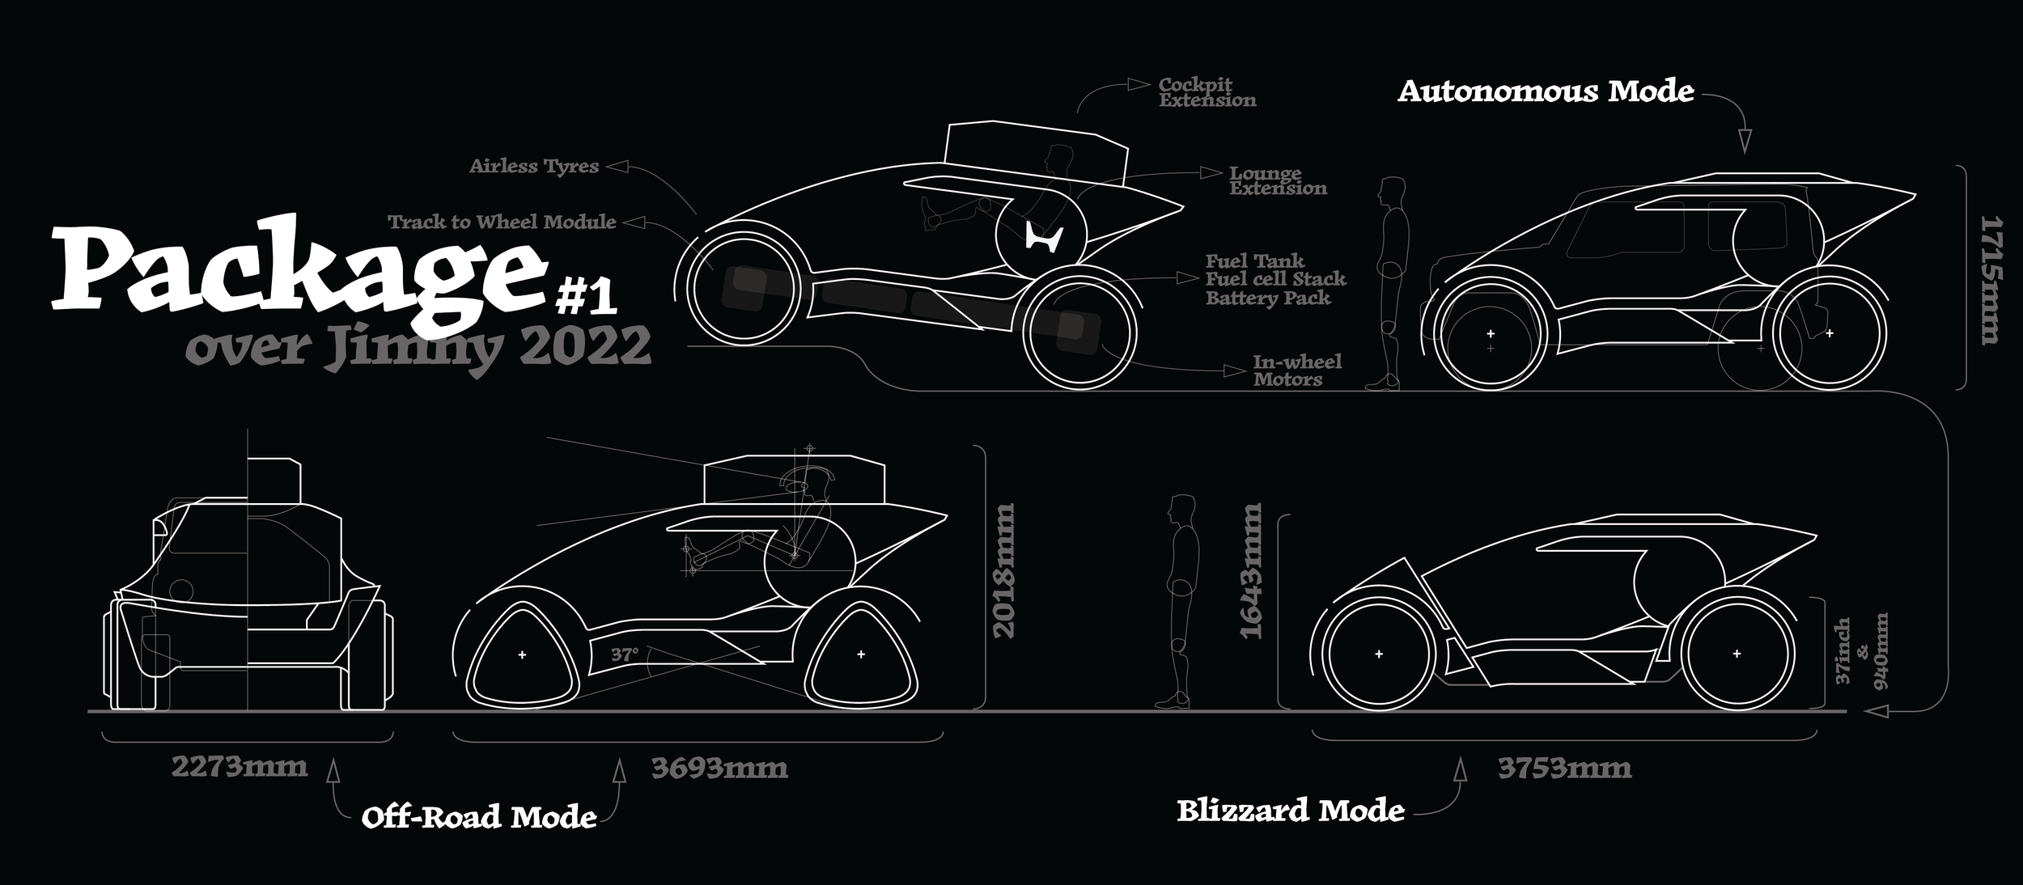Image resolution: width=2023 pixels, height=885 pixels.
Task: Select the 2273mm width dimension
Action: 240,766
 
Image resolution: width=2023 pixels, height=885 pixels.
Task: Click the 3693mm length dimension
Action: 719,767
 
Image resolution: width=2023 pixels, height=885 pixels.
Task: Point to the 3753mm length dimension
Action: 1564,767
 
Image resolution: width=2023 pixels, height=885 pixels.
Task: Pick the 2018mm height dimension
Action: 1003,570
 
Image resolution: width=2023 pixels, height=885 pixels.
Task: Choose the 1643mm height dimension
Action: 1251,570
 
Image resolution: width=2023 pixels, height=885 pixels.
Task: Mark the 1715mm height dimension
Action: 1991,279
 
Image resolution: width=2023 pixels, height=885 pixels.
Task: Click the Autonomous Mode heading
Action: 1546,91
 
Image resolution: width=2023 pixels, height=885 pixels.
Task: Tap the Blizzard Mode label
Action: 1290,811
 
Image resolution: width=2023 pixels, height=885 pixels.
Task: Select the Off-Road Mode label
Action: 479,817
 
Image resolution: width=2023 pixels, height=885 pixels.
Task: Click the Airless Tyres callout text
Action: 534,166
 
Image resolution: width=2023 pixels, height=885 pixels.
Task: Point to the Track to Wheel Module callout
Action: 502,222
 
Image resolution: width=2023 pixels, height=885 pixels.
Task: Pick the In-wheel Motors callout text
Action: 1297,371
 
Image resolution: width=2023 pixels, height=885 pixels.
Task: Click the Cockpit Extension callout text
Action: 1207,92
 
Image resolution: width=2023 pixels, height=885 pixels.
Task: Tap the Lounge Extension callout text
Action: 1278,180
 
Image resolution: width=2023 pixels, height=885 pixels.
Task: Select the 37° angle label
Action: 624,654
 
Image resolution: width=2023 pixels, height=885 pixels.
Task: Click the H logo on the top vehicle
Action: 1043,237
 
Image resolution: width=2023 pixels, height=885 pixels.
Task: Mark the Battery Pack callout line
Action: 1267,298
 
